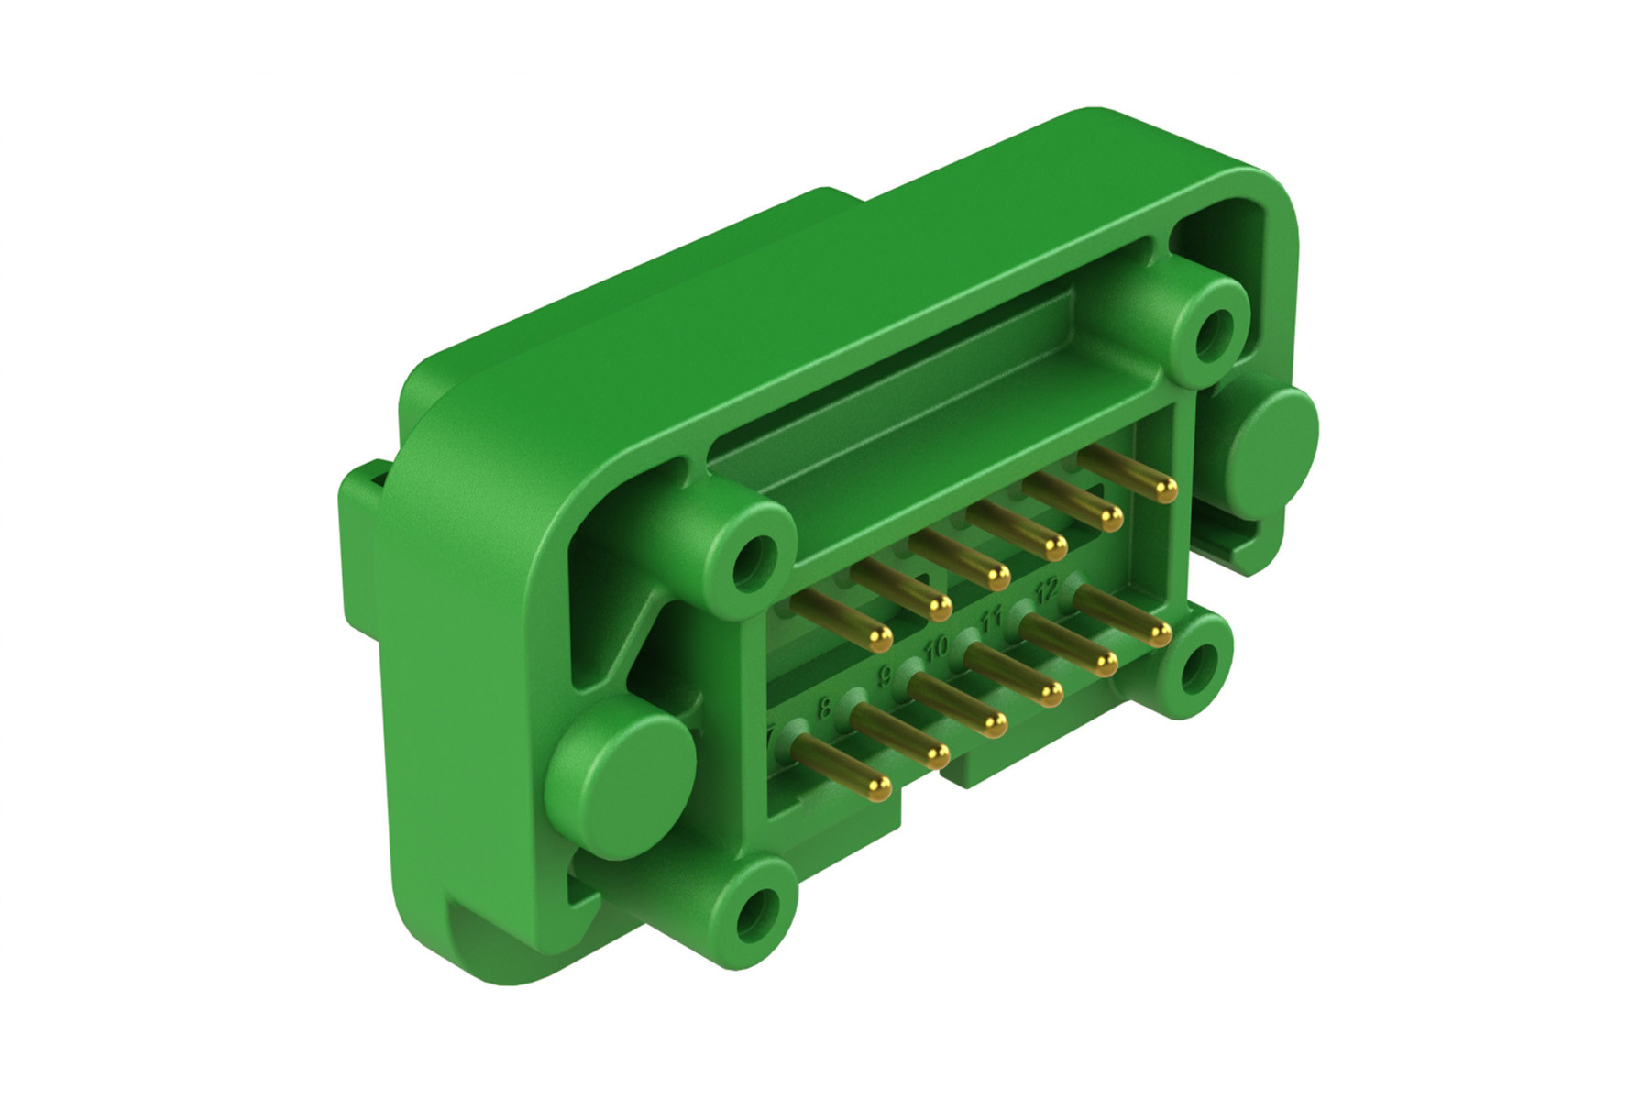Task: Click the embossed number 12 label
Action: (x=1047, y=588)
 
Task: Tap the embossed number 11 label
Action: (x=990, y=619)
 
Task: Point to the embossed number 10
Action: (x=936, y=649)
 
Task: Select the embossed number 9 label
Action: (x=885, y=676)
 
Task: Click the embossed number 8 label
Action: (x=824, y=708)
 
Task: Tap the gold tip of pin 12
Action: (x=1160, y=635)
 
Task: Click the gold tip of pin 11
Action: (x=1105, y=665)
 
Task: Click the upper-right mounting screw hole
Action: (x=1215, y=330)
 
